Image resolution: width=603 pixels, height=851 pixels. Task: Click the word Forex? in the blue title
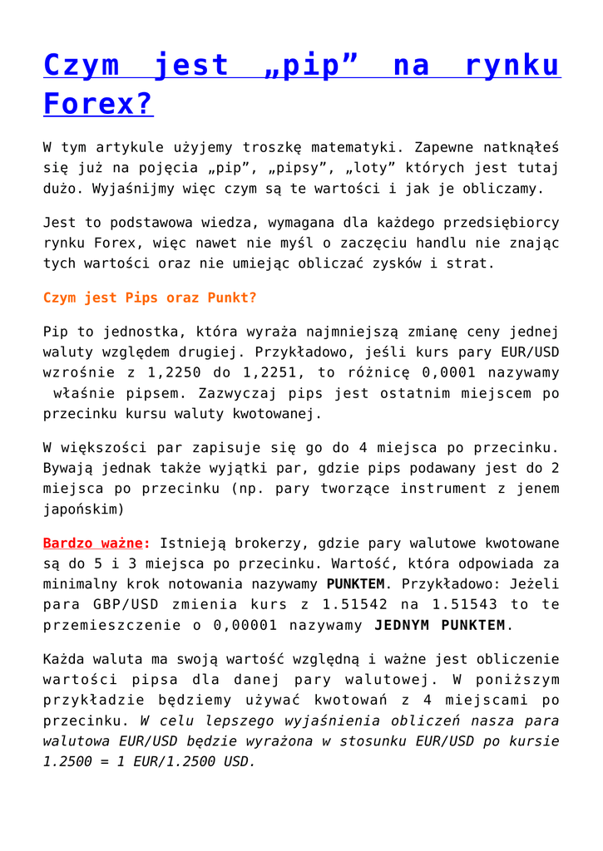[x=98, y=105]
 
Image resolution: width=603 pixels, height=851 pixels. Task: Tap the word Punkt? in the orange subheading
[x=230, y=298]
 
